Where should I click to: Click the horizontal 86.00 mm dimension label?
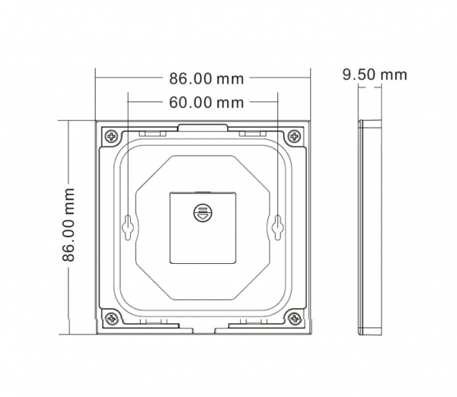(206, 79)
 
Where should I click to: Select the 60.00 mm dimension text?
(206, 103)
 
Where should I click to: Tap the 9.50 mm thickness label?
(375, 74)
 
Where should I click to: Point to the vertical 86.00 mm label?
(69, 225)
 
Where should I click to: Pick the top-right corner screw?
(294, 137)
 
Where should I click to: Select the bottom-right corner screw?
(294, 319)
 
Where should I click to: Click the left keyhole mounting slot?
(129, 226)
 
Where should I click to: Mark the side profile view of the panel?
(370, 227)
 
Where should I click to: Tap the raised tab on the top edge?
(204, 126)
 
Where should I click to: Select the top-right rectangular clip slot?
(254, 133)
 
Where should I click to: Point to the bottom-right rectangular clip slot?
(254, 323)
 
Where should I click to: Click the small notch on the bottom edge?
(204, 330)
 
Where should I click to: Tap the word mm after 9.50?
(394, 74)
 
